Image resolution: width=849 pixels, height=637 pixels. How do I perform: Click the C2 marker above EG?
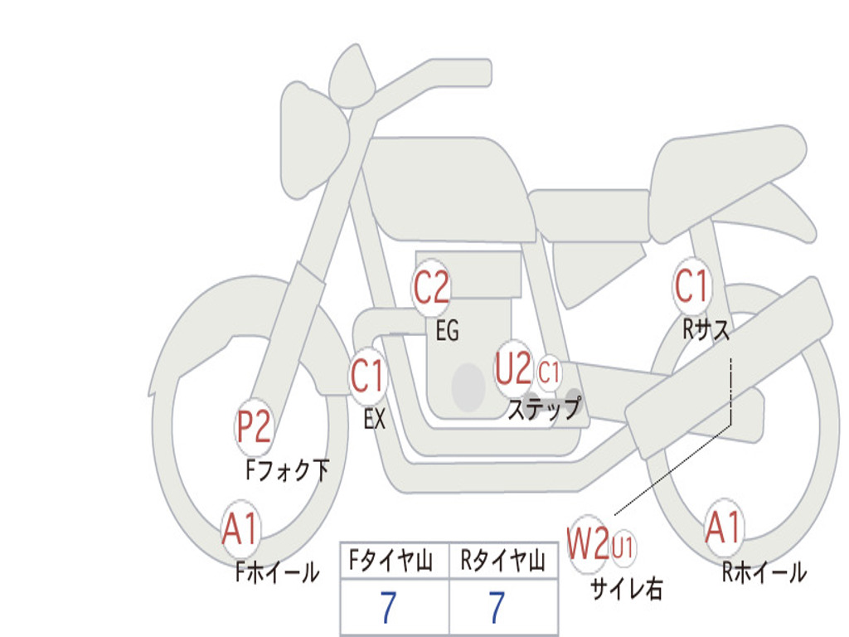[x=431, y=287]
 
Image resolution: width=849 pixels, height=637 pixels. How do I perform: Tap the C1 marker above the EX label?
[x=368, y=376]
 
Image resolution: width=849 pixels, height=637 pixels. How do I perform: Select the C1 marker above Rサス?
[x=691, y=285]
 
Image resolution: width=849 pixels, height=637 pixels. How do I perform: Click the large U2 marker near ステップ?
[x=513, y=368]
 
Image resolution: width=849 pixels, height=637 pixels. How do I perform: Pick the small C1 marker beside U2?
[x=549, y=372]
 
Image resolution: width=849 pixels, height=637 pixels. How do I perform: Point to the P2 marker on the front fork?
[x=254, y=426]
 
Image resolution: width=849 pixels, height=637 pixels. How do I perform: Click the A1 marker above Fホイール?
[x=240, y=528]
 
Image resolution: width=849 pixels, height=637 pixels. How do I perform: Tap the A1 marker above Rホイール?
[x=723, y=528]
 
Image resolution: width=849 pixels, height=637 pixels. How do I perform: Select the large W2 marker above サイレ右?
[x=589, y=543]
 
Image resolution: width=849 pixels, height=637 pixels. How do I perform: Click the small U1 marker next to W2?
[x=623, y=547]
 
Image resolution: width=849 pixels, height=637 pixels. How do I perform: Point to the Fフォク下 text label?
[x=287, y=470]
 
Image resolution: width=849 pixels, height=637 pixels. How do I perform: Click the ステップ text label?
[x=544, y=408]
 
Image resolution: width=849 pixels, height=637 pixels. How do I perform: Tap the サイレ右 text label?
[x=627, y=588]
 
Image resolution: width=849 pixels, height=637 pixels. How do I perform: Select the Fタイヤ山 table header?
[x=391, y=561]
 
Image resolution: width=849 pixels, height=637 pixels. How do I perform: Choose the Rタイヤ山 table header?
[x=503, y=561]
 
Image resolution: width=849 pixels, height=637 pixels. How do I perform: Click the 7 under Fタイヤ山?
[x=388, y=607]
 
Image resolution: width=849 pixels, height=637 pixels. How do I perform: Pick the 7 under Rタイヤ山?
[x=497, y=607]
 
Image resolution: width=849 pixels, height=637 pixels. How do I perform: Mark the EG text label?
[x=447, y=330]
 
